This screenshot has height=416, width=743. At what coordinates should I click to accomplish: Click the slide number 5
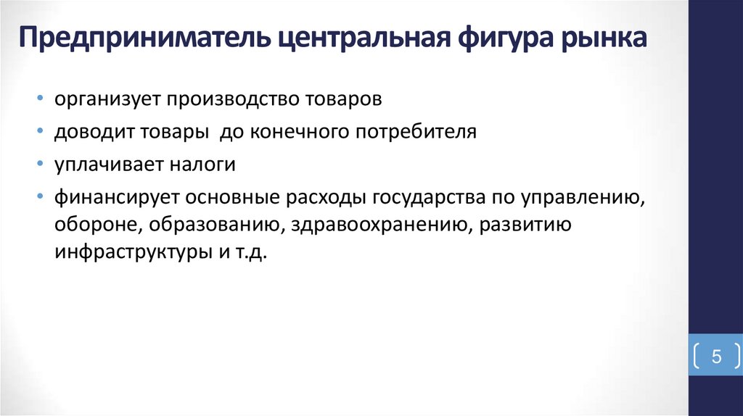(x=715, y=357)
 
